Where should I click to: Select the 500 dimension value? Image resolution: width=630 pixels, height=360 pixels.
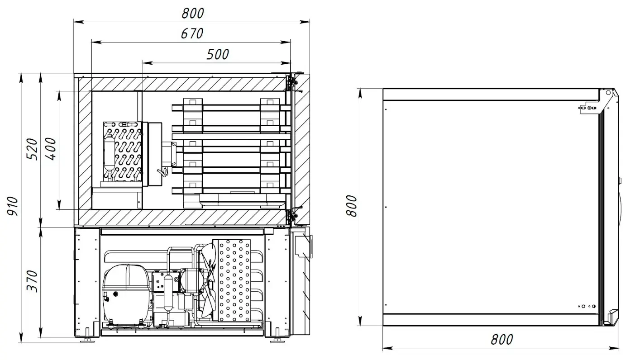218,54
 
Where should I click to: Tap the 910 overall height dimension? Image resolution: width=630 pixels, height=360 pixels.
12,206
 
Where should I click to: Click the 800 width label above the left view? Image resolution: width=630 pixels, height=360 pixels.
193,13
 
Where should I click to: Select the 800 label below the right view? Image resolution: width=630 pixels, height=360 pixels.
501,339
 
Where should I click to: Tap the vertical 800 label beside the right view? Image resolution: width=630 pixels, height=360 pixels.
351,206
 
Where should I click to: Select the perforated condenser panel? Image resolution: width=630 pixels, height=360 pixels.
234,279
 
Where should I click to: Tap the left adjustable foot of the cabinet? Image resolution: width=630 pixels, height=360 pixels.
87,338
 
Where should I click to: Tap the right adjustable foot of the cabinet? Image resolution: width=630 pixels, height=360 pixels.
277,338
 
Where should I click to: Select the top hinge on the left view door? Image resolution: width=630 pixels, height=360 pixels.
292,82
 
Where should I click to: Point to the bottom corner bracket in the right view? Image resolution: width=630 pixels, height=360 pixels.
611,317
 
